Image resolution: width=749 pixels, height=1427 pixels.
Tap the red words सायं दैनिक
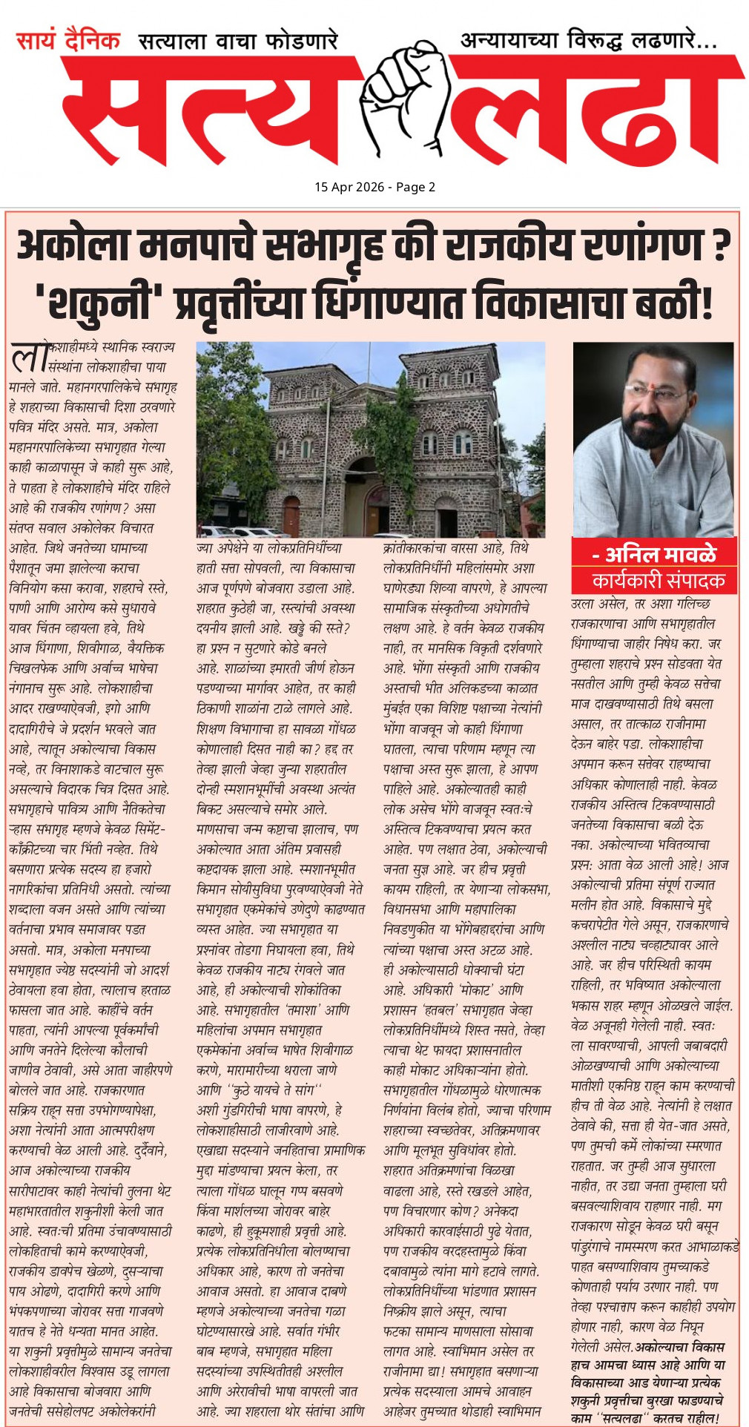(68, 40)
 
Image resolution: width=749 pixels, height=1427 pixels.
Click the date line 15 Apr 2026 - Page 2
(374, 187)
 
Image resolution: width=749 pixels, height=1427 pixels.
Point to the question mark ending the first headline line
(720, 246)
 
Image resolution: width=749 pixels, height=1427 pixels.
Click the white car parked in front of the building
(220, 531)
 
